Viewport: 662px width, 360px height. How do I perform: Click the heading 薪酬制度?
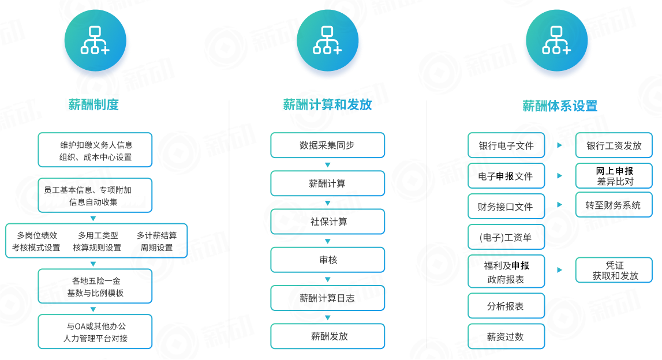[93, 104]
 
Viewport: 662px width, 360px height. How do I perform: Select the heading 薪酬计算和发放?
[327, 104]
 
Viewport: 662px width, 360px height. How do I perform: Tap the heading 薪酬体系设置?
[560, 106]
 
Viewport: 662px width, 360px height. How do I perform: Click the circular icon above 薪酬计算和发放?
[328, 40]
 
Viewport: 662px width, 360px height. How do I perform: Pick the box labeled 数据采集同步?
[328, 145]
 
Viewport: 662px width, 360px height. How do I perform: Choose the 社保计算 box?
[328, 222]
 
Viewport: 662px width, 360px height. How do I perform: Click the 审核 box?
[328, 260]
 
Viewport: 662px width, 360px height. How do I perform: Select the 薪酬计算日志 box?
[328, 298]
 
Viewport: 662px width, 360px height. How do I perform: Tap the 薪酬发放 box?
[328, 336]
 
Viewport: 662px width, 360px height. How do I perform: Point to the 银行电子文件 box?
[506, 145]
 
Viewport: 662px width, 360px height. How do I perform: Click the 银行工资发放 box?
[614, 145]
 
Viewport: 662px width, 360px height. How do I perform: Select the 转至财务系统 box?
[614, 205]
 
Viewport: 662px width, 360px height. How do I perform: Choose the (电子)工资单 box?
[506, 237]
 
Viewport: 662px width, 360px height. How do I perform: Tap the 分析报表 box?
[506, 306]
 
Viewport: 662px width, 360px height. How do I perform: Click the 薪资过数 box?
[506, 336]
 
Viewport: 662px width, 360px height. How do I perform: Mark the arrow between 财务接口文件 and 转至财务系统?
[560, 205]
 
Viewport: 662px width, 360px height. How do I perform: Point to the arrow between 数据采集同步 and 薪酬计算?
[328, 164]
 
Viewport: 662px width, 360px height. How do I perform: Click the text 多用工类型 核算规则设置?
[97, 241]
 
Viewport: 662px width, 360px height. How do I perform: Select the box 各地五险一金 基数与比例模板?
[95, 287]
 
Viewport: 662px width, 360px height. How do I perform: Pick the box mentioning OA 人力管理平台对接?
[95, 332]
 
